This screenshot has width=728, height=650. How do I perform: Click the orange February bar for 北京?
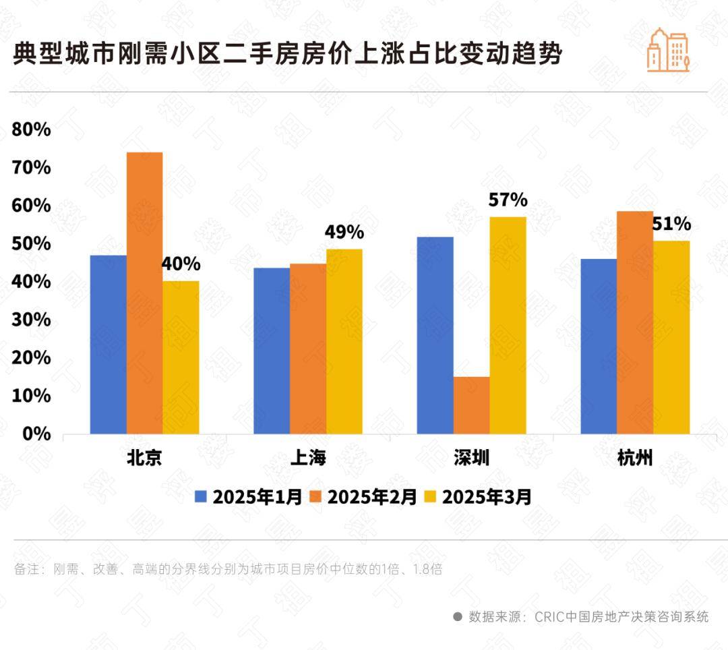tap(144, 293)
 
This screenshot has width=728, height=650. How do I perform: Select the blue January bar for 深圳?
tap(435, 335)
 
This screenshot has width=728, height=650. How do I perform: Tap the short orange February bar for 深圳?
tap(471, 405)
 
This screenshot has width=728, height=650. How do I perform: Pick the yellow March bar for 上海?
tap(344, 341)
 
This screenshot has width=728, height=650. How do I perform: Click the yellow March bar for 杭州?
tap(671, 337)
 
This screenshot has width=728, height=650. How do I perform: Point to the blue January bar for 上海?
tap(272, 351)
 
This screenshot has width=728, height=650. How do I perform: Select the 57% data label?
tap(508, 200)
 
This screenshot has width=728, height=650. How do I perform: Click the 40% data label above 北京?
tap(181, 264)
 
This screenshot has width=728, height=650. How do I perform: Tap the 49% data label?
tap(344, 233)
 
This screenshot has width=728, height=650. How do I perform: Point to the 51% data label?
tap(671, 224)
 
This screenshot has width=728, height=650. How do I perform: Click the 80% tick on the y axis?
tap(32, 129)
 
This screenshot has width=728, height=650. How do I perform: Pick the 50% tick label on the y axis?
tap(32, 243)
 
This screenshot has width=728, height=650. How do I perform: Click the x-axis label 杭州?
tap(635, 459)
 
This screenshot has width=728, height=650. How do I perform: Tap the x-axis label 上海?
tap(308, 459)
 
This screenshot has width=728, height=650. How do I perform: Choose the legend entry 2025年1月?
tap(249, 498)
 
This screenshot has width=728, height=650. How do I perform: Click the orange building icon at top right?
tap(667, 50)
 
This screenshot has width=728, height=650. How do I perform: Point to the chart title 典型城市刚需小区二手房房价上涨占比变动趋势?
tap(287, 55)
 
